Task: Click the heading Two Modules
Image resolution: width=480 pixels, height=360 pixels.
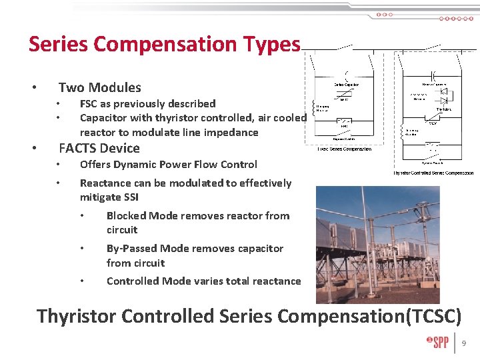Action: tap(100, 87)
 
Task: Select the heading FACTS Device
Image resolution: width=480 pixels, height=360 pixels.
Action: tap(99, 148)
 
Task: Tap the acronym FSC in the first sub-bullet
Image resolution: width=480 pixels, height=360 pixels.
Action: tap(89, 103)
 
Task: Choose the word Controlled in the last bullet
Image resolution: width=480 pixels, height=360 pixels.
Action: tap(133, 281)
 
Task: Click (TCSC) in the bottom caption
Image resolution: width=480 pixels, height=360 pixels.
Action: tap(434, 315)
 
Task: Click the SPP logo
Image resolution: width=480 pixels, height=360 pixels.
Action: tap(438, 343)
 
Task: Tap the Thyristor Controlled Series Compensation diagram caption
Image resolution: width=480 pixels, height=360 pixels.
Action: tap(433, 173)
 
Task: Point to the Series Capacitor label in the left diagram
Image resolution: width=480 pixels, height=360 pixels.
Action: tap(347, 85)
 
